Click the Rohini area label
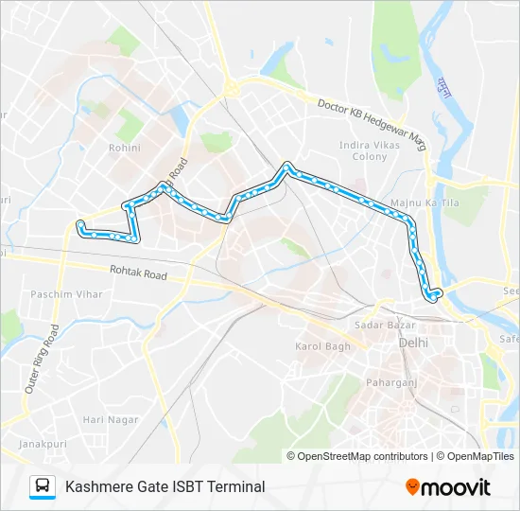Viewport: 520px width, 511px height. (124, 148)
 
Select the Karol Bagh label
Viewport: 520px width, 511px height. (321, 346)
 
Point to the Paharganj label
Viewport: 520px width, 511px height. (391, 382)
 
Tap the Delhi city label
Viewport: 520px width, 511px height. (413, 342)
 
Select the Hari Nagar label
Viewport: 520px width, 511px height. (105, 419)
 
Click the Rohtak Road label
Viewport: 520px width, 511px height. (138, 274)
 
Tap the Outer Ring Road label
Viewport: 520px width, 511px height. (43, 360)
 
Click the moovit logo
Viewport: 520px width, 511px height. (448, 487)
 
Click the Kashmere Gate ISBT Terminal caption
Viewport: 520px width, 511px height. (165, 486)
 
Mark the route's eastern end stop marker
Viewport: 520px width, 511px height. (433, 296)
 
